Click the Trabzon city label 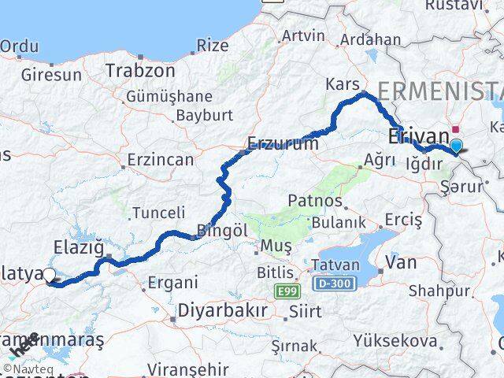pos(140,71)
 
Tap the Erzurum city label pos(283,144)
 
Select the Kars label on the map pos(342,84)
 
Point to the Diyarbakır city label pos(221,309)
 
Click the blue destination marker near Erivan pos(455,146)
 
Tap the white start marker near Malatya pos(50,275)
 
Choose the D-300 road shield pos(334,281)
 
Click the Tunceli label pos(158,213)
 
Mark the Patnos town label pos(315,202)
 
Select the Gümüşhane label pos(169,97)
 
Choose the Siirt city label pos(305,312)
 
